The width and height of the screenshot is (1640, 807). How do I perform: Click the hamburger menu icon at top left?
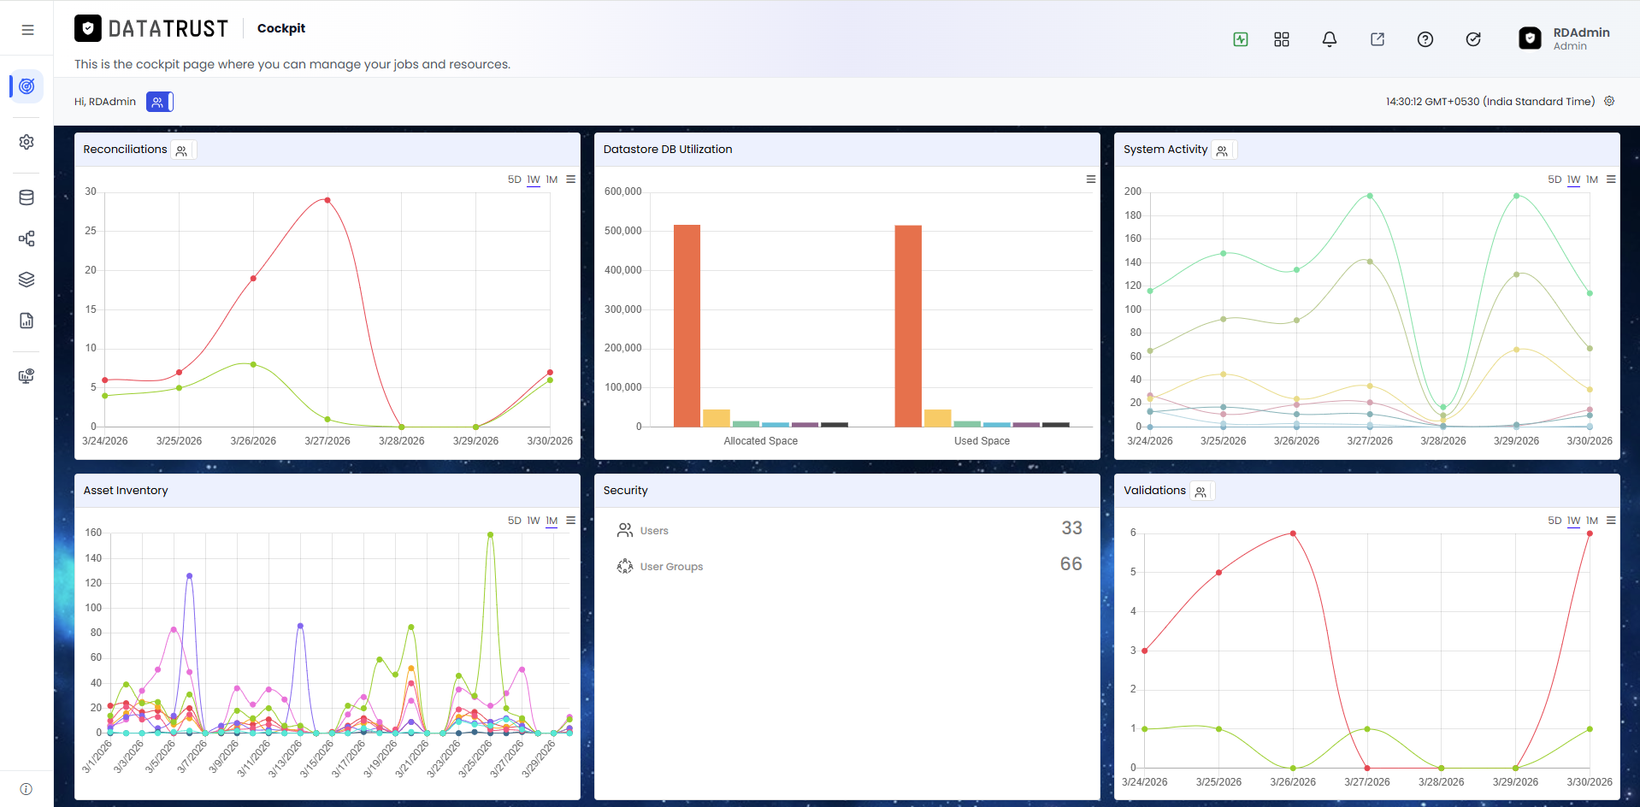tap(27, 30)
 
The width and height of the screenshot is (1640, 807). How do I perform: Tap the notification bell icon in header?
tap(1329, 39)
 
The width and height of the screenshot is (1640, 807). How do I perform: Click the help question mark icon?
tap(1425, 39)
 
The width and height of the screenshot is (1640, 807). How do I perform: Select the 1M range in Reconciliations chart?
tap(552, 180)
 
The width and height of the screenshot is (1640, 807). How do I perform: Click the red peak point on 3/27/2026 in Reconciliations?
tap(327, 200)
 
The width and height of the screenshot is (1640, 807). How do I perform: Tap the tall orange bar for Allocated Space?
tap(687, 326)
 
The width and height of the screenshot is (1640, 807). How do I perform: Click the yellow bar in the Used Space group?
tap(937, 418)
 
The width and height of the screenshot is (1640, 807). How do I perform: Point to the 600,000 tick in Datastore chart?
tap(622, 191)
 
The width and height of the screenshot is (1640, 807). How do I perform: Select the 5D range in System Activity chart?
tap(1554, 180)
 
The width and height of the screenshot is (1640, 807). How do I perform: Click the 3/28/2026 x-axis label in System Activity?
tap(1443, 441)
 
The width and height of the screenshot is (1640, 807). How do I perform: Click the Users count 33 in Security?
tap(1071, 528)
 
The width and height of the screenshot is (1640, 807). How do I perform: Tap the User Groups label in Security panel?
tap(671, 567)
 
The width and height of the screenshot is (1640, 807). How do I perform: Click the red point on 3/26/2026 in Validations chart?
tap(1293, 533)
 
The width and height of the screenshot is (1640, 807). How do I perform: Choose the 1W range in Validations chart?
tap(1573, 521)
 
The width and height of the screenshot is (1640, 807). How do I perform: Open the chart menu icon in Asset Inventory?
tap(570, 521)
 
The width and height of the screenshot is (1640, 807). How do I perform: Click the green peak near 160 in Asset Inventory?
tap(490, 534)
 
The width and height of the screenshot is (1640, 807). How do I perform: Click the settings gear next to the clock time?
tap(1609, 101)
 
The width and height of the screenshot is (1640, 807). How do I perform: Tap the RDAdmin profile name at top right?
tap(1581, 32)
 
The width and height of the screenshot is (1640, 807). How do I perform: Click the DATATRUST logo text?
tap(168, 29)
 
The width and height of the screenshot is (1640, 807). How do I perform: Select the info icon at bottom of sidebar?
tap(27, 789)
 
